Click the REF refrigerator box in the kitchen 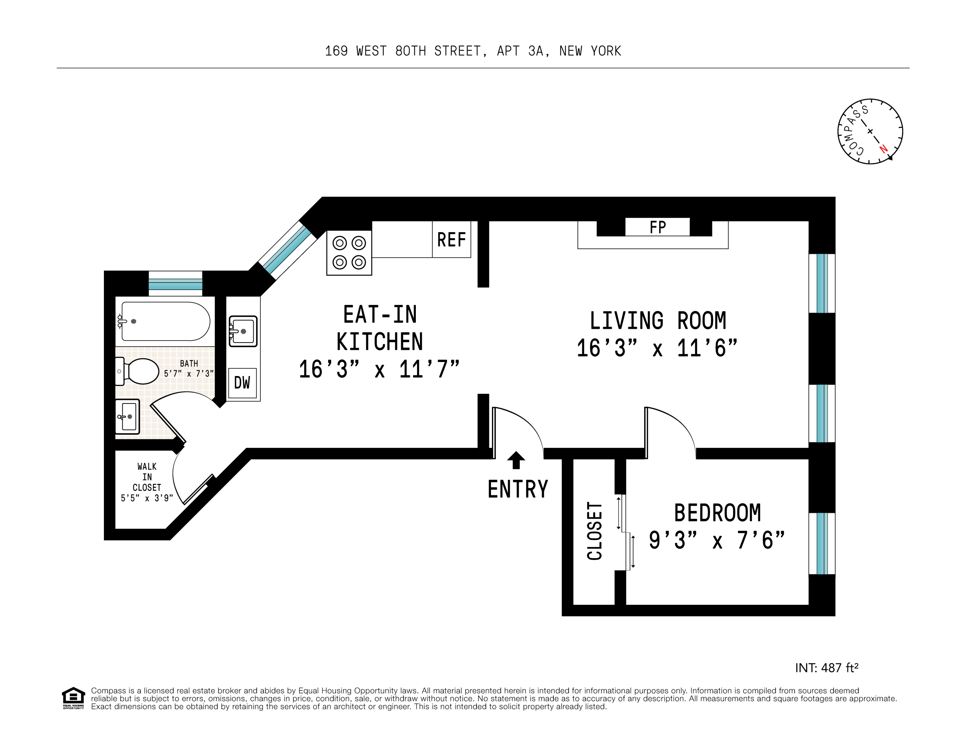pyautogui.click(x=451, y=239)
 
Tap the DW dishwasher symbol pyautogui.click(x=242, y=383)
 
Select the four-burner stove pyautogui.click(x=349, y=253)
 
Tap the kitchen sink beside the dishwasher pyautogui.click(x=242, y=331)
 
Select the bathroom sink pyautogui.click(x=128, y=416)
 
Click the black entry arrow pyautogui.click(x=516, y=460)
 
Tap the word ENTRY pyautogui.click(x=518, y=489)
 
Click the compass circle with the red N pyautogui.click(x=870, y=132)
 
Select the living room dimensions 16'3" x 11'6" pyautogui.click(x=657, y=348)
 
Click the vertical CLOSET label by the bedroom pyautogui.click(x=595, y=531)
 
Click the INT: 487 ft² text pyautogui.click(x=827, y=668)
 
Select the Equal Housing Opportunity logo pyautogui.click(x=73, y=698)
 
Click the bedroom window pyautogui.click(x=822, y=544)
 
